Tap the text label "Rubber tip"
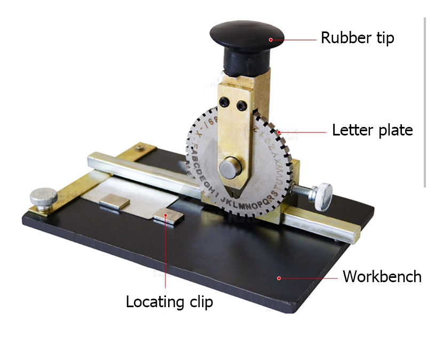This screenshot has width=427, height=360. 357,38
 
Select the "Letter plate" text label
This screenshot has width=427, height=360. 372,130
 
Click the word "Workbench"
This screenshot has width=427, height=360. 382,276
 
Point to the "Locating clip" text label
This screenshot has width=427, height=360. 169,301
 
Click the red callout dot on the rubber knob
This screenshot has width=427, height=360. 271,38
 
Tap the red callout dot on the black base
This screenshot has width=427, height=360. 279,277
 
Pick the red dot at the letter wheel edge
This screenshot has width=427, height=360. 279,131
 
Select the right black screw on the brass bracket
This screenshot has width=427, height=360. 242,107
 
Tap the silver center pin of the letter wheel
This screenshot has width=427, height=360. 231,167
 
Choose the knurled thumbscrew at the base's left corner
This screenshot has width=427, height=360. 43,197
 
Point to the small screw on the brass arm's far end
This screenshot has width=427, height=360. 139,147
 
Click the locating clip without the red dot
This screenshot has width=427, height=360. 115,202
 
